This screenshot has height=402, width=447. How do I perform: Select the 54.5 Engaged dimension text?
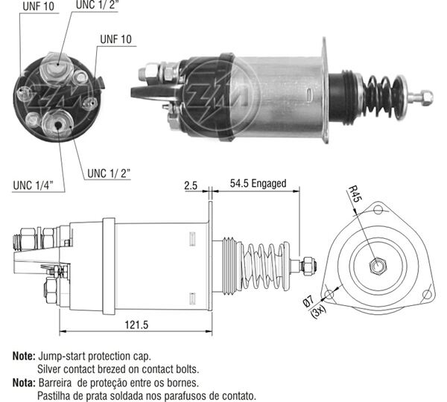point(258,183)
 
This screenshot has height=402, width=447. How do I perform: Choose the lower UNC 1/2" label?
point(109,173)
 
